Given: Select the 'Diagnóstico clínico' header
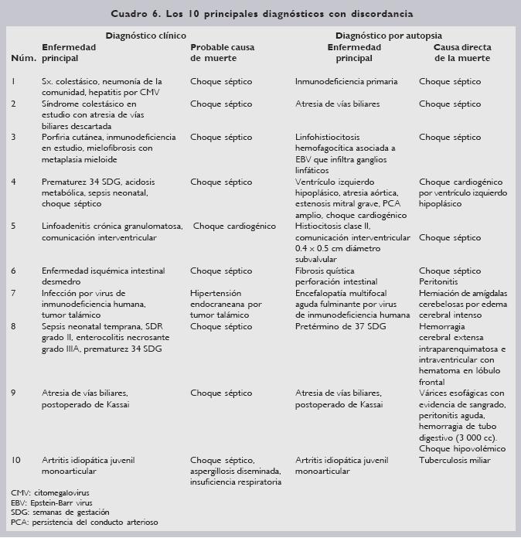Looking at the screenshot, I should click(145, 36).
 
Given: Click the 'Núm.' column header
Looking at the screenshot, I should click(19, 58).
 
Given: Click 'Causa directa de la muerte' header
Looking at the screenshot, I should click(462, 53).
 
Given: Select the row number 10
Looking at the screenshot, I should click(15, 460).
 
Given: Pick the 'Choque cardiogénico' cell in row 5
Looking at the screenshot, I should click(234, 226).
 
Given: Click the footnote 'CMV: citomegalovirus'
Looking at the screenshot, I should click(49, 492).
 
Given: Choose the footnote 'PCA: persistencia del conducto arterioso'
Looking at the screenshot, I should click(84, 523).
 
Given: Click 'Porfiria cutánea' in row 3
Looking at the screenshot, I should click(74, 137).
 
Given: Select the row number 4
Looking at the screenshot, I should click(14, 182).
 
